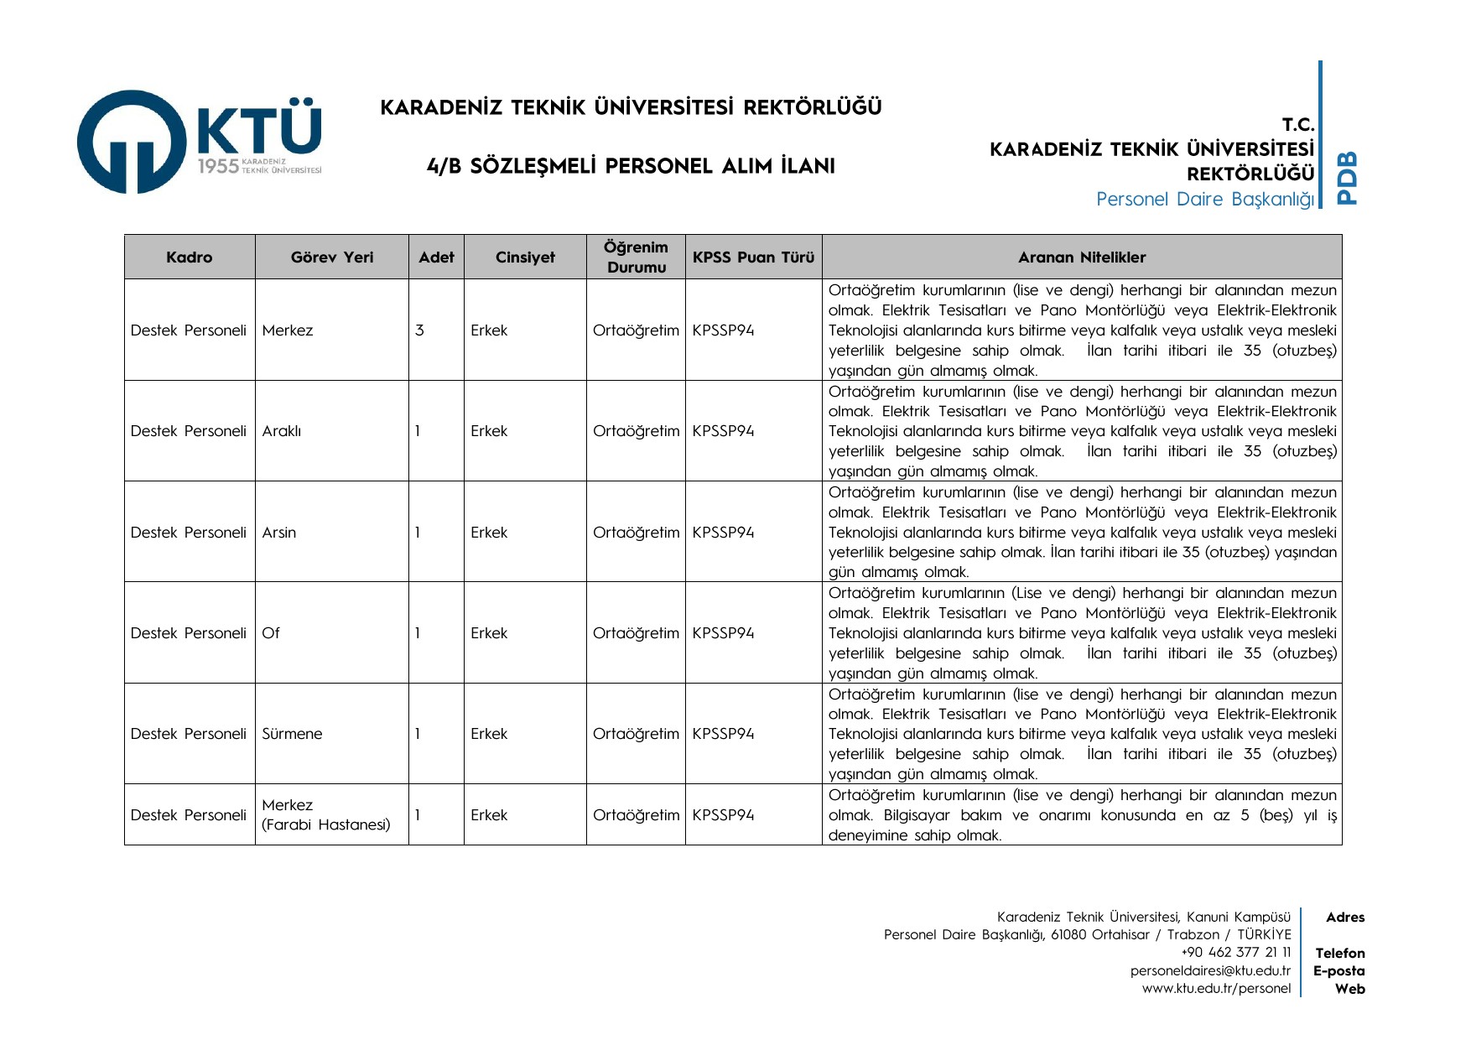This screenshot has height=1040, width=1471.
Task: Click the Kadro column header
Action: (x=189, y=257)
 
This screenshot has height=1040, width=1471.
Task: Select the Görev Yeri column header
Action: (x=332, y=257)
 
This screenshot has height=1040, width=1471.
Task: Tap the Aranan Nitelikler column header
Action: (x=1082, y=257)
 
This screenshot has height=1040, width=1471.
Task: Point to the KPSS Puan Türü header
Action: (x=753, y=257)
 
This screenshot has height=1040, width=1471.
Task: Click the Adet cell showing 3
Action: (x=419, y=330)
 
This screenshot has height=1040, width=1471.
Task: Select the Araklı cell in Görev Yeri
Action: (x=282, y=431)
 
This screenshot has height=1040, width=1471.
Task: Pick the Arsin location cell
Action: (x=279, y=533)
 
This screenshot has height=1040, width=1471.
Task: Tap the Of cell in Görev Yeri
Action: (x=271, y=633)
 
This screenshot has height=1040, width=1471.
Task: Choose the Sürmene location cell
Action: (x=292, y=734)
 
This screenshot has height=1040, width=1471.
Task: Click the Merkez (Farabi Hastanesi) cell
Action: (x=325, y=814)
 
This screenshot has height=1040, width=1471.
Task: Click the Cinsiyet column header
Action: (x=525, y=257)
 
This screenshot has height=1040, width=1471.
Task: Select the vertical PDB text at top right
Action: (x=1347, y=177)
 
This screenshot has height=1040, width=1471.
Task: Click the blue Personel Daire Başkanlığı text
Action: (x=1204, y=200)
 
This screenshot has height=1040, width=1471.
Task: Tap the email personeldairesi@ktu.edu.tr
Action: (x=1210, y=970)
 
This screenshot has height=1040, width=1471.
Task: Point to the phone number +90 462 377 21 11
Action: (x=1235, y=952)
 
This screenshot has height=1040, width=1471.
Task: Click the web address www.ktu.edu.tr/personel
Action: (x=1216, y=988)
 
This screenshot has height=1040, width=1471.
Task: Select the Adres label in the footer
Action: (x=1345, y=918)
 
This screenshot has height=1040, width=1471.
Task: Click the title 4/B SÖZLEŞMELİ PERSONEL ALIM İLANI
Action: (x=631, y=166)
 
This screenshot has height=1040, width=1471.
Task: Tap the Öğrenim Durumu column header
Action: (x=637, y=257)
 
